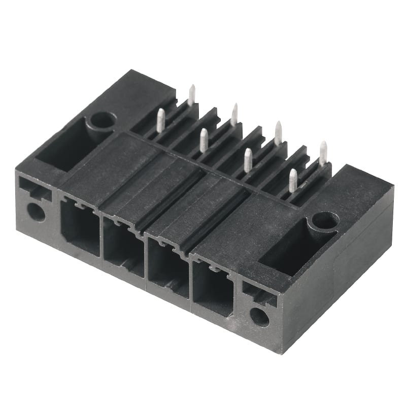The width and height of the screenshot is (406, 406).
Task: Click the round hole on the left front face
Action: (36, 211)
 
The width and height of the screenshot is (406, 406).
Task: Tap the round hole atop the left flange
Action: (103, 120)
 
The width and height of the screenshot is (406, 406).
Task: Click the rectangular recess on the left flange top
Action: (63, 145)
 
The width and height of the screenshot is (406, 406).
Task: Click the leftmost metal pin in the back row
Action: (191, 95)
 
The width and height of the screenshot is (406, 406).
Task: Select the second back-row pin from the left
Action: (234, 115)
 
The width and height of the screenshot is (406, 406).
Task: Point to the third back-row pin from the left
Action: (278, 133)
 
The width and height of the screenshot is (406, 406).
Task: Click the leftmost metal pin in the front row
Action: (160, 121)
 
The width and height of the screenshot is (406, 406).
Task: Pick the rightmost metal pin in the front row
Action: (293, 181)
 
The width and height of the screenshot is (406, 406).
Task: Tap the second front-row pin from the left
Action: (204, 141)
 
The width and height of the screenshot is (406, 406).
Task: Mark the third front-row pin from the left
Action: (248, 160)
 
